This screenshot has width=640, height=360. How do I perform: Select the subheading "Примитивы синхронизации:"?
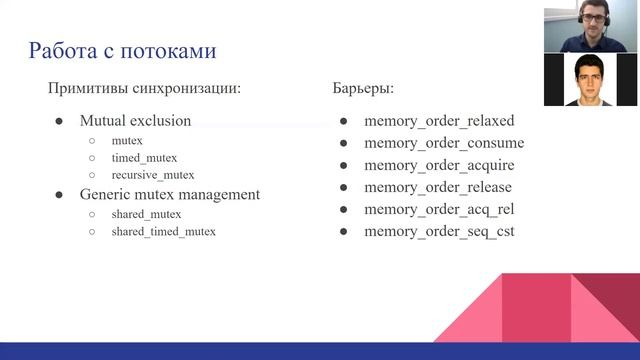(x=145, y=88)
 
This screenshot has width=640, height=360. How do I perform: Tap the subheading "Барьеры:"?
(x=364, y=88)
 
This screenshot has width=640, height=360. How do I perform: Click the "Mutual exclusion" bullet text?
(x=135, y=121)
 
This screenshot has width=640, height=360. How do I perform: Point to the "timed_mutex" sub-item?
(x=144, y=158)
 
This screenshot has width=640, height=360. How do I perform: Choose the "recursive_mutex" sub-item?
(x=153, y=175)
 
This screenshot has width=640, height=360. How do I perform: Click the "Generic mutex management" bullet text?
(x=169, y=194)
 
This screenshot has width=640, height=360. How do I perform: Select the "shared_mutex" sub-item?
(x=147, y=213)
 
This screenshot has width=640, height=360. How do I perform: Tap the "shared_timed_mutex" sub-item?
(x=163, y=231)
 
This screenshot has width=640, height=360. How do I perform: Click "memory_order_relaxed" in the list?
(x=439, y=121)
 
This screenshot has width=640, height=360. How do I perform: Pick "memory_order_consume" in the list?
(x=444, y=143)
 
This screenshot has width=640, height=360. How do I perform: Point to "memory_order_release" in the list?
(x=438, y=187)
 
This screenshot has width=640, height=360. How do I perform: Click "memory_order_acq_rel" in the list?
(x=439, y=209)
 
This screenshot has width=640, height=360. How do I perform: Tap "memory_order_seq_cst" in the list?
(x=439, y=231)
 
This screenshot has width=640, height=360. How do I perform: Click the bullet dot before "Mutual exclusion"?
(x=59, y=121)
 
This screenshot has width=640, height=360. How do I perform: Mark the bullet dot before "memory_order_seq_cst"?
(x=343, y=231)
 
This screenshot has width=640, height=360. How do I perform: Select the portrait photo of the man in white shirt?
(x=591, y=79)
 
